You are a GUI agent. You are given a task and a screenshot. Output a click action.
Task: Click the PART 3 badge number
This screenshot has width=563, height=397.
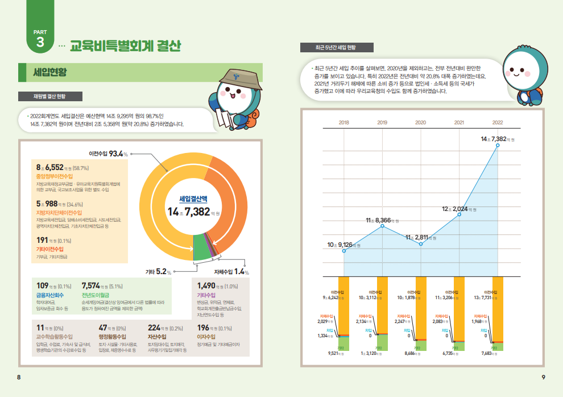click(x=40, y=43)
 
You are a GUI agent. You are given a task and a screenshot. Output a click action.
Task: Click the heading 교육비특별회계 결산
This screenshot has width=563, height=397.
click(x=125, y=46)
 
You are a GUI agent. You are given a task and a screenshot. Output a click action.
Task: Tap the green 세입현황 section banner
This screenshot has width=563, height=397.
click(x=51, y=72)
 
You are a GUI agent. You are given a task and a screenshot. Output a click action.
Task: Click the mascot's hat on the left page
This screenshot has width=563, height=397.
click(x=241, y=80)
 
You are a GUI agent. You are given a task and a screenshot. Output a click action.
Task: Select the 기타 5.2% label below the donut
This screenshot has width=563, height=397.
click(x=159, y=272)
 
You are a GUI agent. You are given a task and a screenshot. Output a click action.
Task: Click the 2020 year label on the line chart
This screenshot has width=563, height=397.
click(x=421, y=122)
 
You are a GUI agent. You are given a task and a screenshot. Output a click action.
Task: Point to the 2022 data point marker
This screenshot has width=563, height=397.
click(x=498, y=146)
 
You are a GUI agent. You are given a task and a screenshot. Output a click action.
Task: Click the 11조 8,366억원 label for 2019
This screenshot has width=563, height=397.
click(x=382, y=220)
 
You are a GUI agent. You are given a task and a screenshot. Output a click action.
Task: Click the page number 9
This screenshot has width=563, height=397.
click(x=543, y=377)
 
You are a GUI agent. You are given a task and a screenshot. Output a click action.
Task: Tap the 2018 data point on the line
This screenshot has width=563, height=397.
click(x=344, y=251)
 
